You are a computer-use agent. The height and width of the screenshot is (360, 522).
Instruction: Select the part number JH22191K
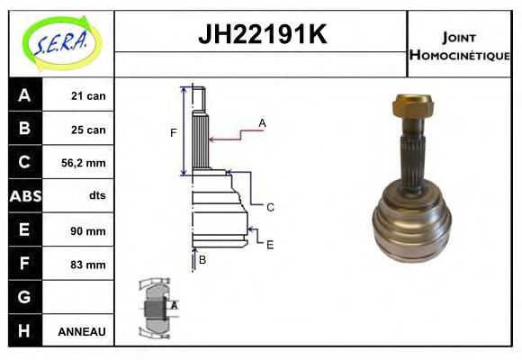point(261,35)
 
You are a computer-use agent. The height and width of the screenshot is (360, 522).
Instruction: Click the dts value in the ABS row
point(94,196)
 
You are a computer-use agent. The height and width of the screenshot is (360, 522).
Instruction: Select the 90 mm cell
point(88,230)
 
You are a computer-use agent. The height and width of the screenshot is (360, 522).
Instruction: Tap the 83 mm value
point(88,265)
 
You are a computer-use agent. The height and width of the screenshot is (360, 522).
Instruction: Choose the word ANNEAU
point(82,332)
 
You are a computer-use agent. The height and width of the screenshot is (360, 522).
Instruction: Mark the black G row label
point(24,298)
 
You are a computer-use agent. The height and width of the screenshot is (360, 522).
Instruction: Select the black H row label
point(24,331)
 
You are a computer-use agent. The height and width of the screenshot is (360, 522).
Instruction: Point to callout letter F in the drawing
point(173,133)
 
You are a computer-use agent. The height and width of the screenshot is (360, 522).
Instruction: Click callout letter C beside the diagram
point(270,207)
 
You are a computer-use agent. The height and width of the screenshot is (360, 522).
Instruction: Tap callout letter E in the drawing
point(269,243)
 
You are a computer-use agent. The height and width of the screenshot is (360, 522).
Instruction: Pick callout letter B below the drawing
point(202,260)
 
